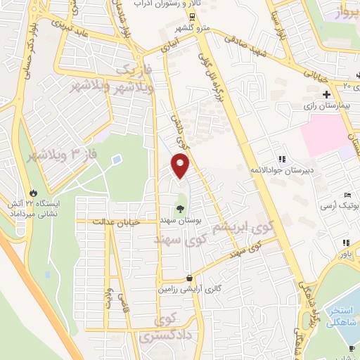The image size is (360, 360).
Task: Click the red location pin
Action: point(181,165)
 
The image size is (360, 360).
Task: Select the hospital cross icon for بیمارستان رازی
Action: point(326,94)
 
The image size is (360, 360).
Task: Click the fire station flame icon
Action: point(32,191)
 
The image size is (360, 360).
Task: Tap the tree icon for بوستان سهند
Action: point(180,208)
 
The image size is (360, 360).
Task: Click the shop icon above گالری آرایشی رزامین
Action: point(189,278)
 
